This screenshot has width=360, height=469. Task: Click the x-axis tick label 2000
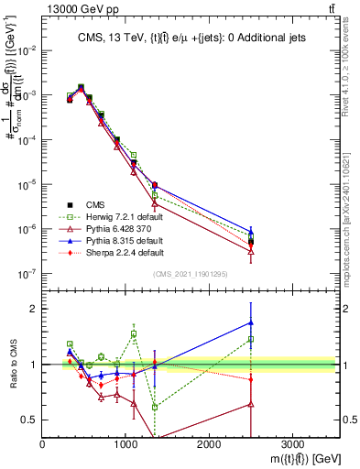click(x=209, y=443)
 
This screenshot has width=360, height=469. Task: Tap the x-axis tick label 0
click(x=43, y=443)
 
